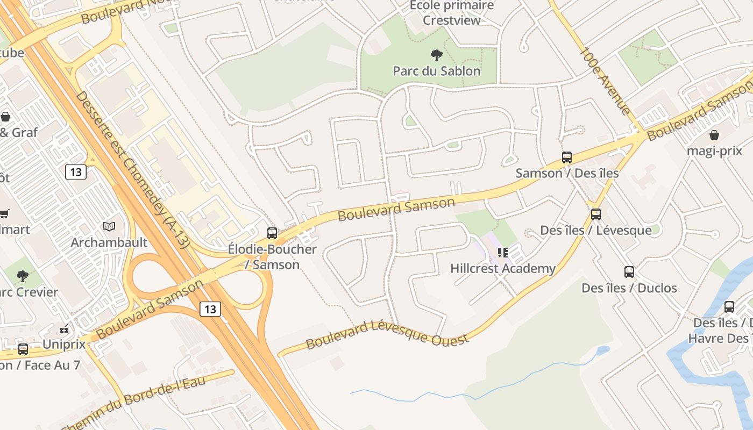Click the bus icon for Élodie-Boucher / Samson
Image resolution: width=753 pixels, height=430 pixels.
click(x=272, y=233)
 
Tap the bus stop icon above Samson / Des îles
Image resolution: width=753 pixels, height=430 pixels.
click(x=567, y=157)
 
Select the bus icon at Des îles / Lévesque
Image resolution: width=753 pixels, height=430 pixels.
click(x=596, y=214)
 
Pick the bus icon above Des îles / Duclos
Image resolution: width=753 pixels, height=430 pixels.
click(x=629, y=272)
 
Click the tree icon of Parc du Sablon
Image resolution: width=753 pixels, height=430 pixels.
click(x=437, y=55)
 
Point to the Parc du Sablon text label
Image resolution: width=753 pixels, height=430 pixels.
click(x=437, y=71)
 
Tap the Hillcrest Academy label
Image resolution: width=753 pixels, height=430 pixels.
click(x=503, y=268)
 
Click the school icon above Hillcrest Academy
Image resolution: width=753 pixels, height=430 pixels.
click(x=503, y=252)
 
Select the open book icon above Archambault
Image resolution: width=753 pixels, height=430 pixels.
click(x=109, y=227)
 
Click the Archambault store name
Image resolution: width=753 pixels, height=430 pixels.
click(x=109, y=242)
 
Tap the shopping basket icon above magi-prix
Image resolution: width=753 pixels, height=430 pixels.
click(x=714, y=134)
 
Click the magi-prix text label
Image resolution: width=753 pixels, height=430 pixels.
click(x=714, y=151)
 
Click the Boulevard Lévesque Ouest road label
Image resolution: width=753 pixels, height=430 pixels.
click(x=387, y=334)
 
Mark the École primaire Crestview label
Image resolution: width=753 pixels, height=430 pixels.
click(x=451, y=13)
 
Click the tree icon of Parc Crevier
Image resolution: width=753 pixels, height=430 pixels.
click(x=23, y=276)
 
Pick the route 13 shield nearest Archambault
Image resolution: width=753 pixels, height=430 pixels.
click(x=76, y=172)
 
